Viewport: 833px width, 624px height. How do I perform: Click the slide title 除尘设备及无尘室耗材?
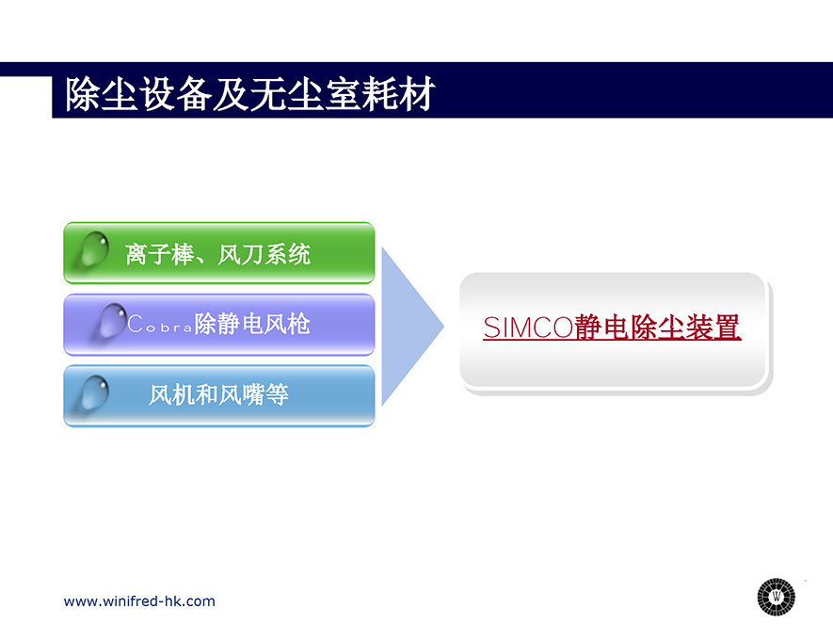coord(250,94)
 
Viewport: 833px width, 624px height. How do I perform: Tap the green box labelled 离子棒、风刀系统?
coord(219,253)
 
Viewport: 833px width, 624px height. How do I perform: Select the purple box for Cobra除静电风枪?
coord(219,324)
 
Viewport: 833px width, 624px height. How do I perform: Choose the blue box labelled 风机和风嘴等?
coord(219,395)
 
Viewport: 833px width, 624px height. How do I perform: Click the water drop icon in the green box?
coord(94,248)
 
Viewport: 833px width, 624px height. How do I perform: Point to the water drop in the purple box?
coord(112,320)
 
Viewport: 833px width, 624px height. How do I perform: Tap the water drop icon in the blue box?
coord(94,392)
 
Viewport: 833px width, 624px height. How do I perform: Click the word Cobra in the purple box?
coord(159,324)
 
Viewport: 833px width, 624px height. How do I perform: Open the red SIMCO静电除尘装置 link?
coord(612,328)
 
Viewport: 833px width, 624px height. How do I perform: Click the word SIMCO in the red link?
coord(528,328)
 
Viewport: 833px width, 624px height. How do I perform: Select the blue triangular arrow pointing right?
coord(412,326)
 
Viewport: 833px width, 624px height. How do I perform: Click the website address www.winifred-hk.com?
coord(139,601)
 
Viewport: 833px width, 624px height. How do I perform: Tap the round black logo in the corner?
coord(777,597)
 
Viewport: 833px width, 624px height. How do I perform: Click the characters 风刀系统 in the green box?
coord(264,254)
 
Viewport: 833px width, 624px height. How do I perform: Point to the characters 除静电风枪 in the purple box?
coord(252,324)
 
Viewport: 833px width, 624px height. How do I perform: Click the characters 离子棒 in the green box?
coord(159,254)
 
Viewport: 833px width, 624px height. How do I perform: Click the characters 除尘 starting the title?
coord(102,94)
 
